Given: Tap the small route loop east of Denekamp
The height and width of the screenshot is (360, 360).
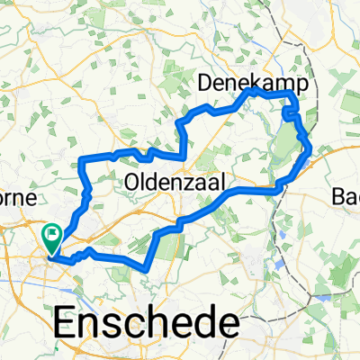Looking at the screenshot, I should [290, 114].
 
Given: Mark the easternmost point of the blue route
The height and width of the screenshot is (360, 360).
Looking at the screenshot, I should [311, 150].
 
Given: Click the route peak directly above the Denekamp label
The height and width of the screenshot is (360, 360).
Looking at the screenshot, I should [253, 90].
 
